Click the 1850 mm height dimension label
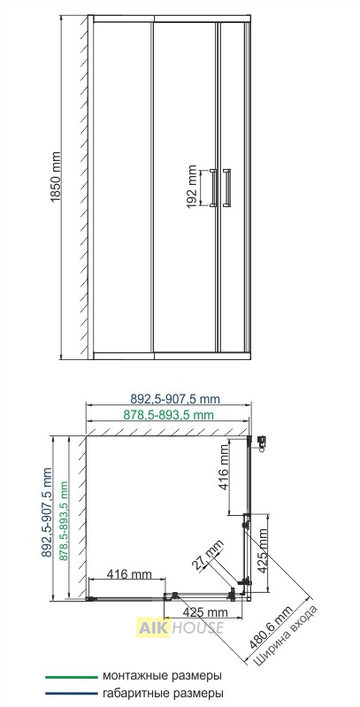(56, 176)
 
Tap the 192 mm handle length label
(192, 187)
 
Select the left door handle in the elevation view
(213, 188)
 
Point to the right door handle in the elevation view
(226, 188)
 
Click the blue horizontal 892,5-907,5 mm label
(175, 399)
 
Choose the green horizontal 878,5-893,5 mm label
(169, 415)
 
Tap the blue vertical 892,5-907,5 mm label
(47, 512)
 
